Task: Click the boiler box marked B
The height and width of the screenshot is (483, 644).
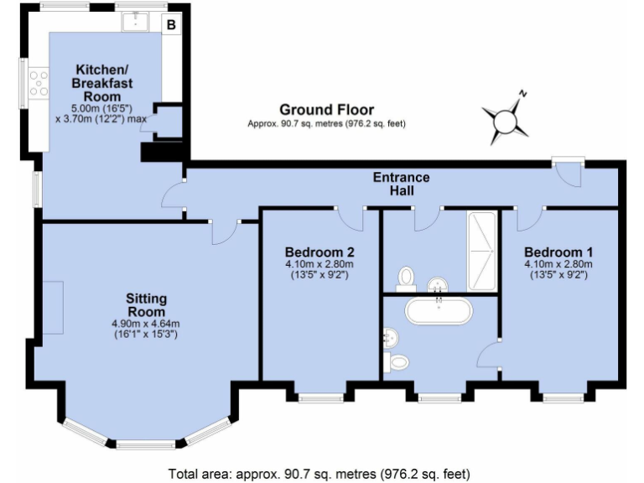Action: (x=171, y=25)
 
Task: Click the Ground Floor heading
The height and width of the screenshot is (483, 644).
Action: (x=326, y=110)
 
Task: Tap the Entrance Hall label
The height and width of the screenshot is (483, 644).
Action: (x=402, y=184)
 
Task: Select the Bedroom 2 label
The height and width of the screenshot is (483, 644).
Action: (x=319, y=252)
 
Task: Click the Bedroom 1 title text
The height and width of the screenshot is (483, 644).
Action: (x=558, y=252)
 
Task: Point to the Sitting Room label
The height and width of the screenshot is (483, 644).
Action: (x=147, y=305)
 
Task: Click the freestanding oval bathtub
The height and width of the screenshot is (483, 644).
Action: (x=439, y=311)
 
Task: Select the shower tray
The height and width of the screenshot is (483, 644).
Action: (x=482, y=249)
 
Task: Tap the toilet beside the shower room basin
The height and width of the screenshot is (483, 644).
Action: (x=408, y=276)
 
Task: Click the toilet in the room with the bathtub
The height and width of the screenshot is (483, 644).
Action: (x=398, y=361)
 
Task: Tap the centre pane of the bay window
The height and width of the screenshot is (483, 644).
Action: (x=146, y=444)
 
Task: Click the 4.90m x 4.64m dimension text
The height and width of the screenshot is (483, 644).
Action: (x=147, y=325)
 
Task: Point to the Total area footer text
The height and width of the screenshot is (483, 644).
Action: (x=319, y=472)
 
